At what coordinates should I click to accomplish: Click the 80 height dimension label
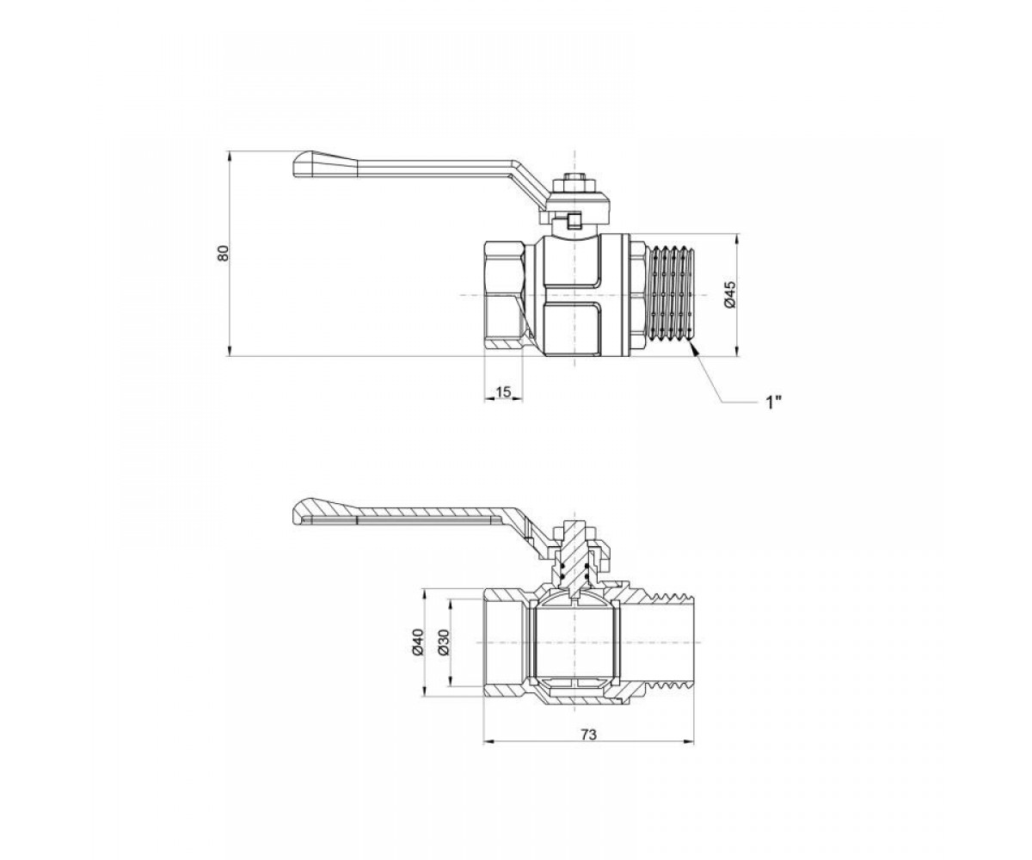224,254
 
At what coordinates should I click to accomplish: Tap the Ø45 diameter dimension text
731,295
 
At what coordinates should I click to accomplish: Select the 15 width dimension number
503,392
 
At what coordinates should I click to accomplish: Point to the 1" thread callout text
773,402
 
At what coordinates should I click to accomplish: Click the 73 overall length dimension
588,748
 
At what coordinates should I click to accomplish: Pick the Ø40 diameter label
417,642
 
